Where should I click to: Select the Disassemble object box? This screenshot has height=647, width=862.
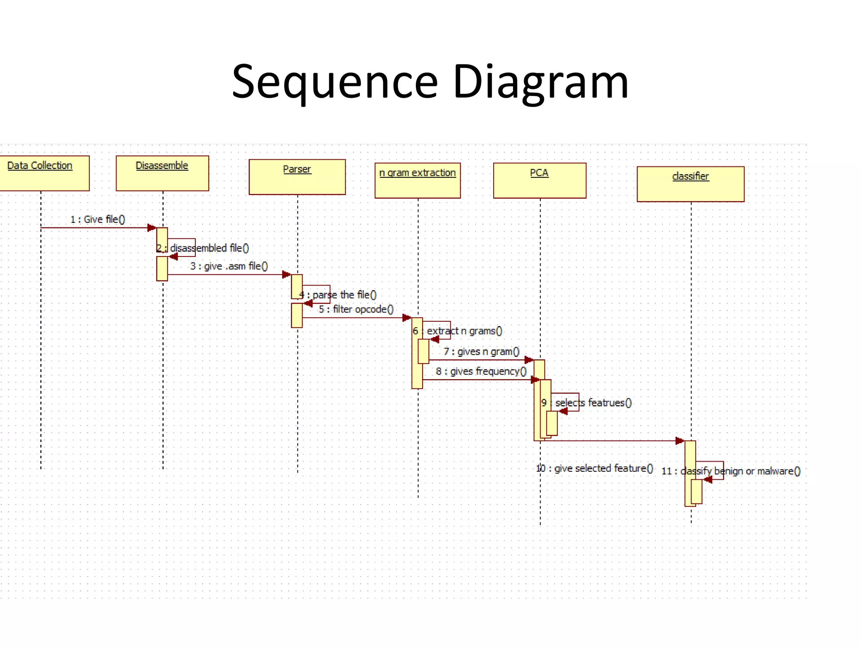162,173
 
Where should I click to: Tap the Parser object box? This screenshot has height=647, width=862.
297,177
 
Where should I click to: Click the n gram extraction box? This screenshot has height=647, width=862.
418,180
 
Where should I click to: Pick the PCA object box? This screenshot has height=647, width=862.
540,180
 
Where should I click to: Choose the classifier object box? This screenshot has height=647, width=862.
690,184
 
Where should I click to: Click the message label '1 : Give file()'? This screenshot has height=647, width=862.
98,219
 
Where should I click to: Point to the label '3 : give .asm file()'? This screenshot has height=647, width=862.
229,266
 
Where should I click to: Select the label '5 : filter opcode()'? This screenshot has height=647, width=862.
356,310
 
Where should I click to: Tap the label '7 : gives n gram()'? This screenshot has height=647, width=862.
482,352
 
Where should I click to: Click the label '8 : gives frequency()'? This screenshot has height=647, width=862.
481,372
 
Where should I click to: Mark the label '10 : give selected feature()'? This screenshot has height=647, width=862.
595,468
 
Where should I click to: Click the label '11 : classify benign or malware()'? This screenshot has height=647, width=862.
731,471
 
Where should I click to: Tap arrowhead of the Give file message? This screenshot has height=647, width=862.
152,228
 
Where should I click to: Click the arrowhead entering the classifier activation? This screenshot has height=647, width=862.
679,441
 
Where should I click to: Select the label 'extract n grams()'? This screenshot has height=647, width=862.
465,331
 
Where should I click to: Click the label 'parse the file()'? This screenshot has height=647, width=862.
344,295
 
